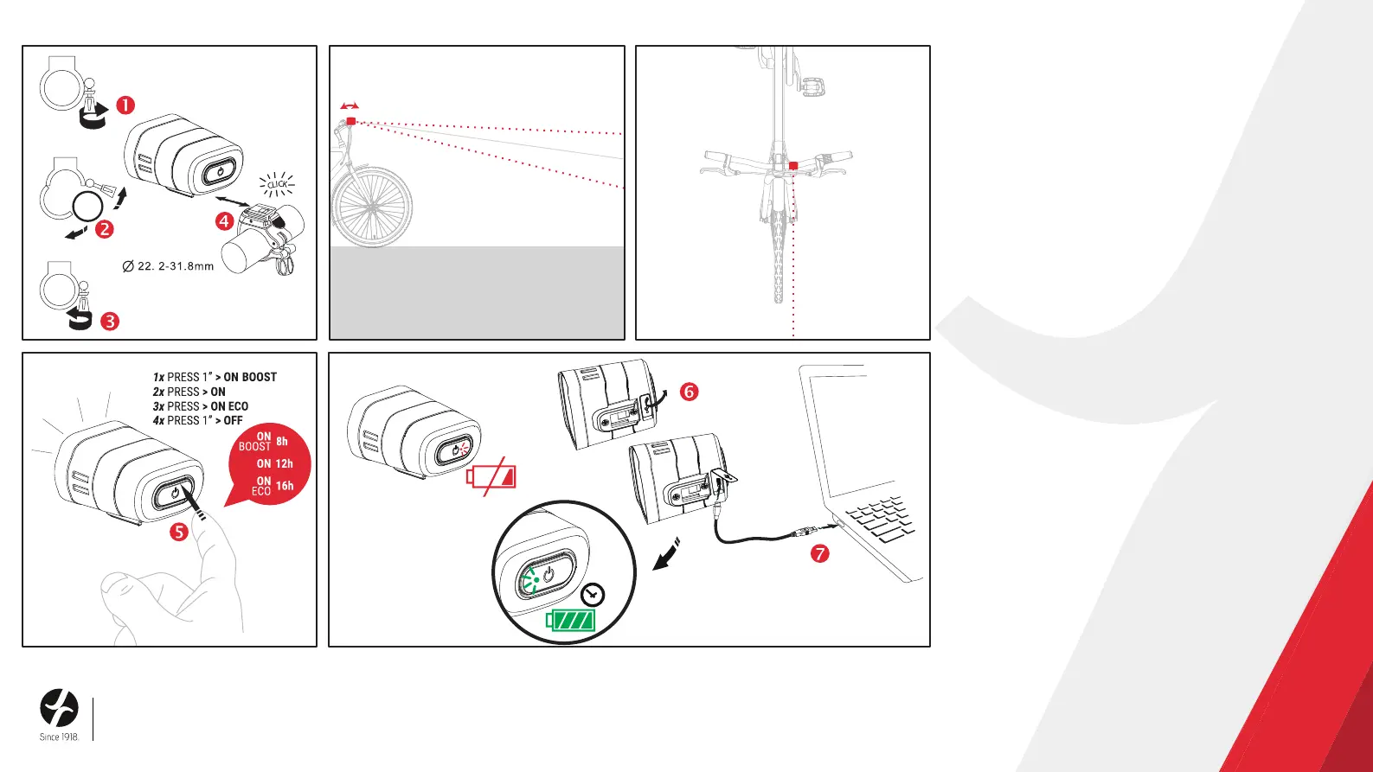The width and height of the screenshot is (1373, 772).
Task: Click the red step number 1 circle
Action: click(x=125, y=105)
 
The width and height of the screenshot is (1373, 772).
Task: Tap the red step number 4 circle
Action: click(x=224, y=221)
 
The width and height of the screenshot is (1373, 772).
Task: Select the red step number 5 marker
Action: click(x=178, y=532)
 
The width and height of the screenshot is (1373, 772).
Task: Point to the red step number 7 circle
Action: click(x=819, y=552)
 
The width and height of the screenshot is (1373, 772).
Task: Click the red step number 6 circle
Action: click(x=689, y=392)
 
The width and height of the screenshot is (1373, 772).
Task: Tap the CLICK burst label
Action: click(x=277, y=184)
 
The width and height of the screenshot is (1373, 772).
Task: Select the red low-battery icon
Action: click(x=491, y=477)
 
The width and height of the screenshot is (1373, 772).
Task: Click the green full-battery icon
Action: click(x=571, y=620)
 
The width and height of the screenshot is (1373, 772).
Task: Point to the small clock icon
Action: click(x=593, y=595)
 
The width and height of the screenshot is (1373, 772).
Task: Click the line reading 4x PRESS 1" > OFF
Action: click(x=197, y=421)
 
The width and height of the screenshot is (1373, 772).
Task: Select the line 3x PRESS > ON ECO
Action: click(x=200, y=406)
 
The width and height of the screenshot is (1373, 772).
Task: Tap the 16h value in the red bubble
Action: click(x=285, y=486)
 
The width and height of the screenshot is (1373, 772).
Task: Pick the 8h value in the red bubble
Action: click(x=282, y=442)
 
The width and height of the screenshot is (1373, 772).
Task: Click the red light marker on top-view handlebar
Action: click(x=793, y=165)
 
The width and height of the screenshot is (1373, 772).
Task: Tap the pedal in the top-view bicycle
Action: click(x=812, y=86)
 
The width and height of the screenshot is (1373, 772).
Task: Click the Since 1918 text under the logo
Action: click(x=59, y=737)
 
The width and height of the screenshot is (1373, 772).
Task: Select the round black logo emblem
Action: click(x=59, y=708)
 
